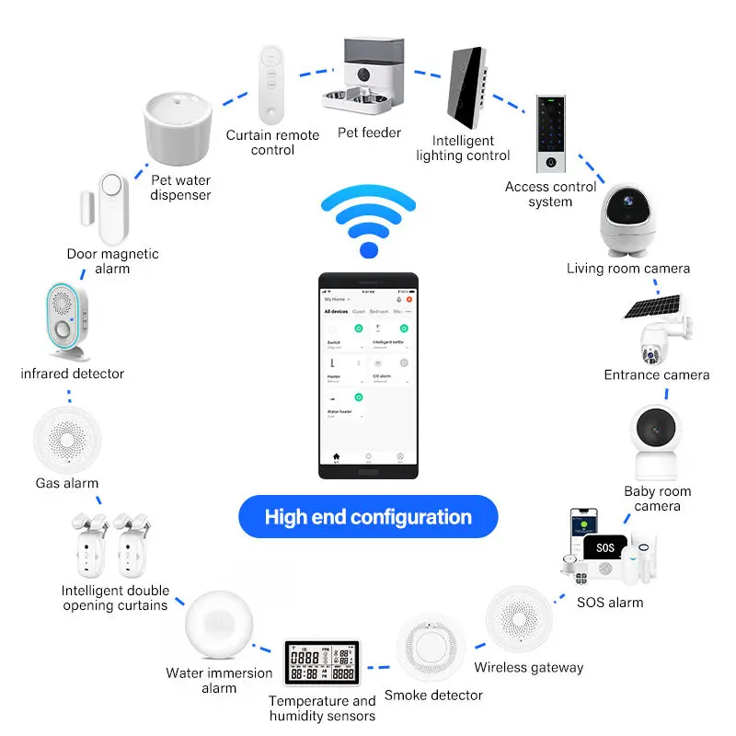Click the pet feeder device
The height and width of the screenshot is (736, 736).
(365, 78)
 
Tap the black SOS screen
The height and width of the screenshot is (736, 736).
(605, 547)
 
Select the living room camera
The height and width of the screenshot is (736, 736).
(627, 216)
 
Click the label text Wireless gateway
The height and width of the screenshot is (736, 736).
(529, 667)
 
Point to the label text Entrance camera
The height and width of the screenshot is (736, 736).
(656, 374)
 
